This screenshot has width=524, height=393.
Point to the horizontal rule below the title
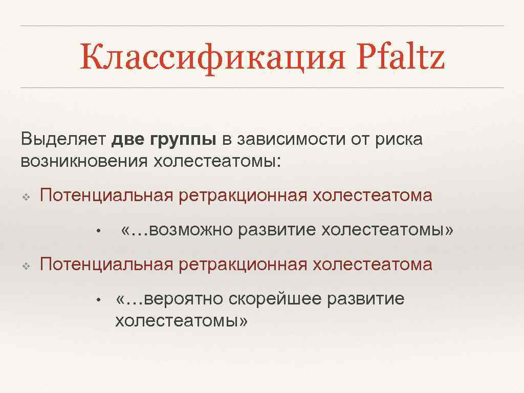click(x=262, y=88)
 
